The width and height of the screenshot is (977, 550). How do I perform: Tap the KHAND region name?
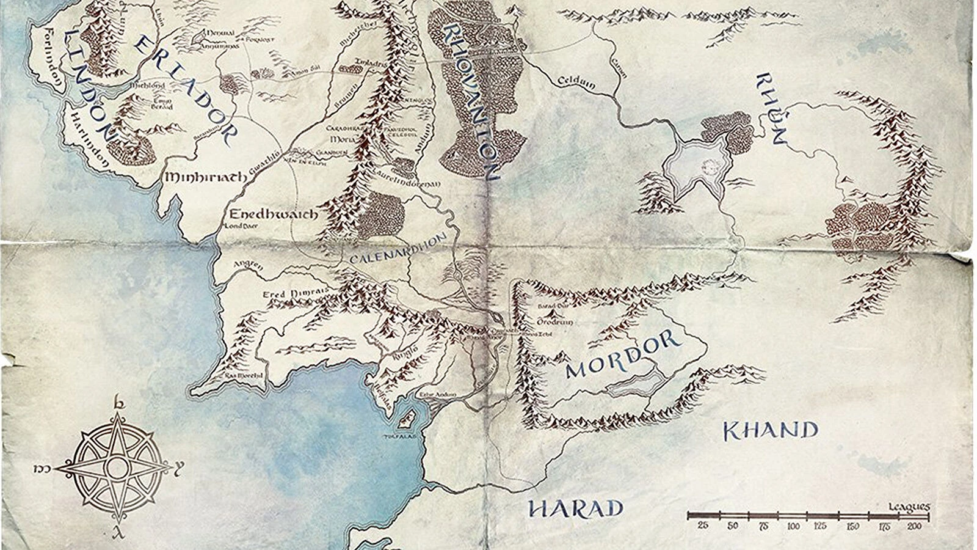(x=770, y=431)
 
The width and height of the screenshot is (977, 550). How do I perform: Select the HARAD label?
(x=575, y=509)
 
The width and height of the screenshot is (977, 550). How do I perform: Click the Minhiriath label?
(x=205, y=177)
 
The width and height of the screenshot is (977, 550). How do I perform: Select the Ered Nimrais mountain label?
(x=287, y=294)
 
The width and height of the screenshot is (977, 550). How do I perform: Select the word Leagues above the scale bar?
(x=909, y=507)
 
